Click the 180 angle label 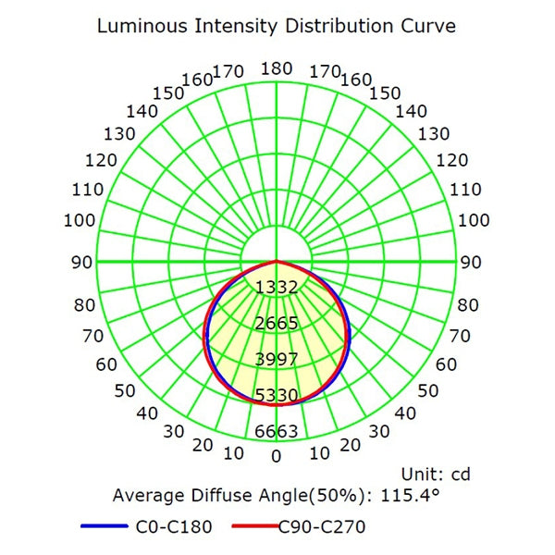coord(277,68)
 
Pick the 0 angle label coord(277,455)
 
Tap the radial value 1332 coord(277,288)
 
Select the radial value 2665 coord(277,324)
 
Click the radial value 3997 coord(277,360)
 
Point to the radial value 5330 coord(277,396)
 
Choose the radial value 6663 coord(277,432)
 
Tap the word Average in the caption coord(148,496)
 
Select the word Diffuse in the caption coord(220,496)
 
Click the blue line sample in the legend coord(102,528)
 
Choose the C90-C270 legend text coord(323,528)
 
